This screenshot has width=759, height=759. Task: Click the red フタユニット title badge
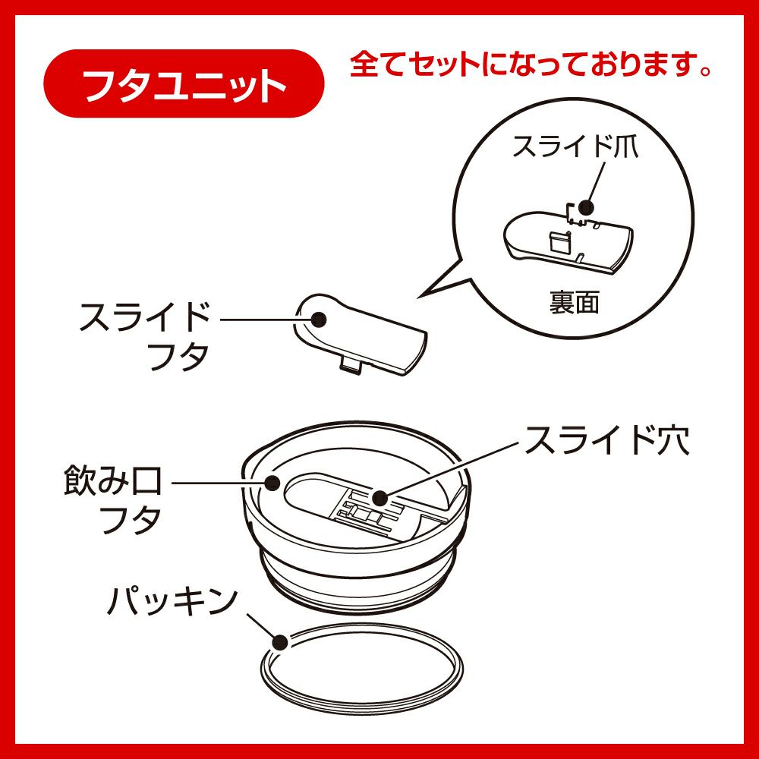184,83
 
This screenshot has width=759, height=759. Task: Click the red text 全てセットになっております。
531,65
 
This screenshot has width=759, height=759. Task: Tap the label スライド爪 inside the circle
575,146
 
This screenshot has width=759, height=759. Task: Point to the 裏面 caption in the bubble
574,302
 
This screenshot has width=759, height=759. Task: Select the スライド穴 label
607,440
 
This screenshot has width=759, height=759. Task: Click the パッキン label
172,601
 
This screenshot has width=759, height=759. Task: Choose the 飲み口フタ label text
112,499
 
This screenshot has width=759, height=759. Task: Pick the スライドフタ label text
145,336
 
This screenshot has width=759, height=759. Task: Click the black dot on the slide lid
319,320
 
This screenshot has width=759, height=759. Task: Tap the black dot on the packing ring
280,642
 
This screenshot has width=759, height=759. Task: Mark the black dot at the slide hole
380,497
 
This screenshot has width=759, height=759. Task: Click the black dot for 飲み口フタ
272,483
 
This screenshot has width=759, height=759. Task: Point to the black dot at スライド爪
586,208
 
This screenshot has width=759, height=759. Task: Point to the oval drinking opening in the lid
310,491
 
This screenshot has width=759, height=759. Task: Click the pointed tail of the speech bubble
419,297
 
